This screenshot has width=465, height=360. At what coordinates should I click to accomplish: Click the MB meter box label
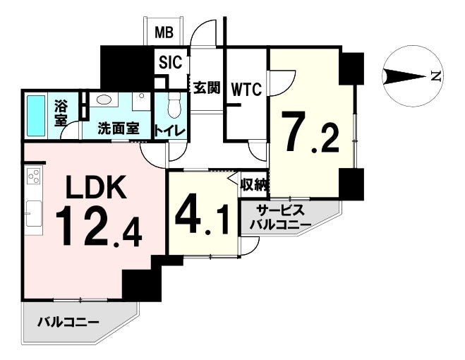pos(164,32)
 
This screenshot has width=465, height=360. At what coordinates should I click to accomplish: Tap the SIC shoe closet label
pos(171,62)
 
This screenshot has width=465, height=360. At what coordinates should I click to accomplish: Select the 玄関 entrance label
pos(207,88)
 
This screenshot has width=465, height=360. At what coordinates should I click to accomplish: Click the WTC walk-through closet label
pos(246,90)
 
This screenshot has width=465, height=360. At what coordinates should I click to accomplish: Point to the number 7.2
pos(311,133)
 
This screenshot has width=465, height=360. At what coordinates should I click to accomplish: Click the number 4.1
pos(203,214)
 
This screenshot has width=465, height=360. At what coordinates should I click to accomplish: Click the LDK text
pos(95,187)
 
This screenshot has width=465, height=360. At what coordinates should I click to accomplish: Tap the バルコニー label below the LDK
pos(68,322)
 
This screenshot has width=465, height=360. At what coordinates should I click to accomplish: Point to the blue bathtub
pos(36,116)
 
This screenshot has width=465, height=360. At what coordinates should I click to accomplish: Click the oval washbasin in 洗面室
pos(102,99)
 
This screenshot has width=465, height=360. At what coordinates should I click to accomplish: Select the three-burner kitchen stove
pos(33,176)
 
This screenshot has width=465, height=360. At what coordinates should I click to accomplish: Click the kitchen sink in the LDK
pos(33,213)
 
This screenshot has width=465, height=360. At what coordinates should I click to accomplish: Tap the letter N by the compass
pos(436,76)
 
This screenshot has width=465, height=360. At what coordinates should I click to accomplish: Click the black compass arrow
pos(404,77)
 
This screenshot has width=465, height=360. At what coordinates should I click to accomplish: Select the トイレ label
pos(169,131)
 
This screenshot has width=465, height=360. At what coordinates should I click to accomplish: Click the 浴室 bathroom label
pos(61,113)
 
